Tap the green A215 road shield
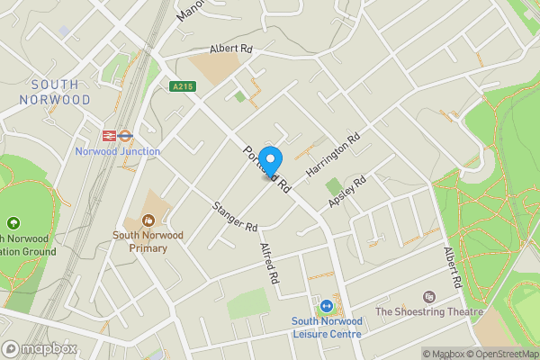coord(182,86)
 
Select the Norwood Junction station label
coord(117,151)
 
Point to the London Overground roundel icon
coord(127,136)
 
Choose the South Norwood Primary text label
coord(148,241)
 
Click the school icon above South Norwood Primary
coord(148,220)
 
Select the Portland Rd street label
coord(266,167)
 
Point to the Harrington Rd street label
coord(333,155)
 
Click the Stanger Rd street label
coord(236,217)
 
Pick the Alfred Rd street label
coord(268,264)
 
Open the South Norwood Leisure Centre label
coord(326,328)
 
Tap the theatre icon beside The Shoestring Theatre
coord(428,296)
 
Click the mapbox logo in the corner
coord(39,348)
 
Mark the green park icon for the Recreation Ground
coord(13,222)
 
